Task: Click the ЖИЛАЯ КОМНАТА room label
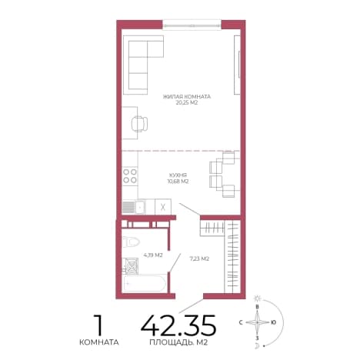click(x=187, y=97)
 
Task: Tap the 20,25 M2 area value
click(x=187, y=103)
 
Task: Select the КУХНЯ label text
click(x=178, y=175)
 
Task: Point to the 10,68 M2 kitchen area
click(x=178, y=182)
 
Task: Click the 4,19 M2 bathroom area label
click(x=153, y=255)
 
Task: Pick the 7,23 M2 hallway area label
click(x=199, y=258)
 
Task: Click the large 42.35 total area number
click(x=178, y=325)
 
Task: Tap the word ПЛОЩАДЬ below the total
click(x=170, y=342)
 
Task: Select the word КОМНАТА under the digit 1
click(x=99, y=342)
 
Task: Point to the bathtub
click(x=144, y=283)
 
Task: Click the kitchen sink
click(x=134, y=206)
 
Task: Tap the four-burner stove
click(x=130, y=176)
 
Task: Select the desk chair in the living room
click(x=139, y=124)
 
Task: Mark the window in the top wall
click(x=192, y=25)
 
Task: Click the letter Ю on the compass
click(x=273, y=322)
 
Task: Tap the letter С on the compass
click(x=241, y=322)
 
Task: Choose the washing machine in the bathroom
click(x=131, y=266)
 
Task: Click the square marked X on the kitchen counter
click(x=163, y=207)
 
